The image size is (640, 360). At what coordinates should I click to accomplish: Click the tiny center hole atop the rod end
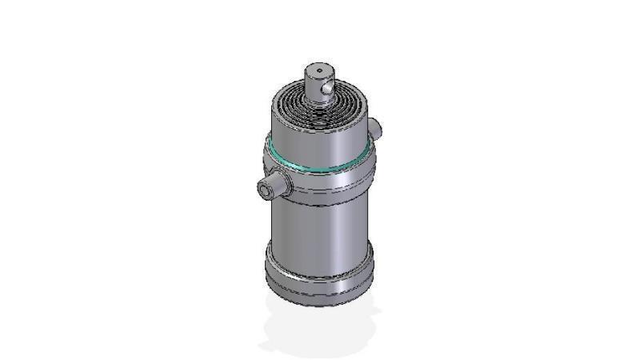tap(320, 71)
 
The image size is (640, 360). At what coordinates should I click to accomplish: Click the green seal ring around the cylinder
tap(319, 169)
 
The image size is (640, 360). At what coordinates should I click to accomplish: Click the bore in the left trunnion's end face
tap(263, 190)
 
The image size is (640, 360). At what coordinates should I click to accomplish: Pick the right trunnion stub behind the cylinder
tap(375, 128)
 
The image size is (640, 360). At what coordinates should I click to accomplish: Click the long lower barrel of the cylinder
tap(318, 232)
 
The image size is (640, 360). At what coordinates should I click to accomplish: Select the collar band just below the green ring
tap(320, 182)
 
